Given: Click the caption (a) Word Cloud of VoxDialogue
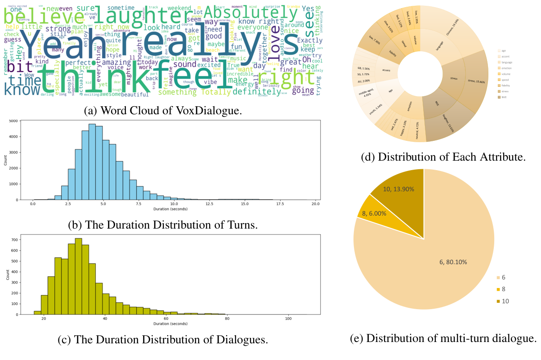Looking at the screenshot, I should [163, 110].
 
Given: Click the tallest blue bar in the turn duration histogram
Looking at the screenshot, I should [92, 162].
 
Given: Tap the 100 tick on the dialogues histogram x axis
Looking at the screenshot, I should [288, 318].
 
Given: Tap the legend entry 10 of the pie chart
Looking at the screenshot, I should [505, 301].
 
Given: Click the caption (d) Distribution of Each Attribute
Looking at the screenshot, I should [443, 157].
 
